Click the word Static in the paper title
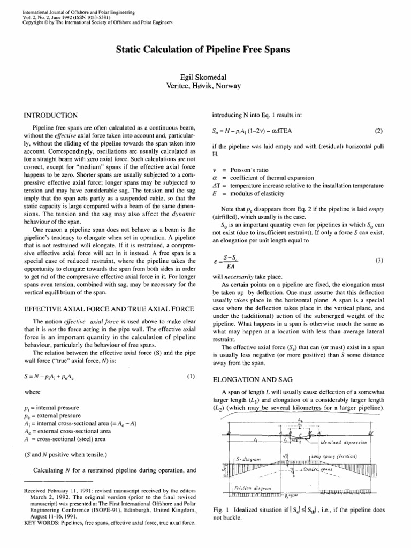130,50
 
